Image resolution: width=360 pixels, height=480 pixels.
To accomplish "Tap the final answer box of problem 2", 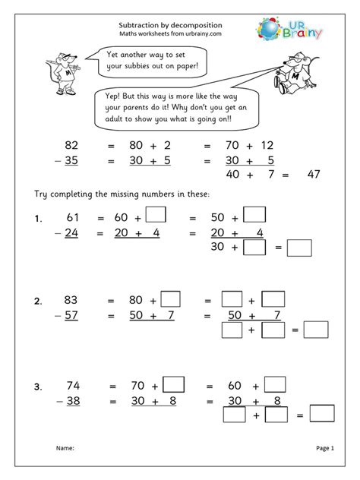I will click(314, 330).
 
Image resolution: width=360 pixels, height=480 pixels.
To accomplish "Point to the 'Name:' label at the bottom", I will click(65, 449).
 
